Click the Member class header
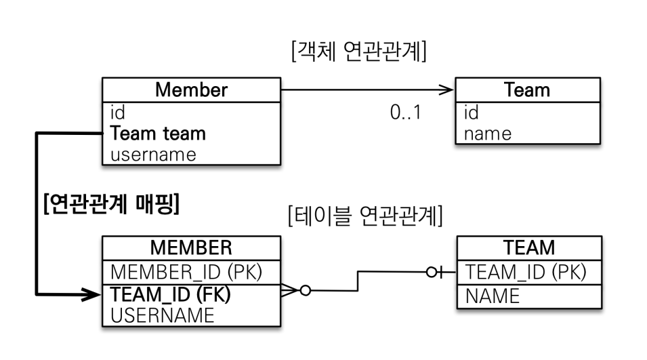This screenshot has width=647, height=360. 191,89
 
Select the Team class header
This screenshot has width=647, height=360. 528,89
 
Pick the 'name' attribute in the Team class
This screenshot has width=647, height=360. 487,133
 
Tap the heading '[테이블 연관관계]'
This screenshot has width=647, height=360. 365,216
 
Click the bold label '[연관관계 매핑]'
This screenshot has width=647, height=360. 111,203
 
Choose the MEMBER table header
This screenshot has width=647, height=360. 191,247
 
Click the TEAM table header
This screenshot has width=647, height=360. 529,247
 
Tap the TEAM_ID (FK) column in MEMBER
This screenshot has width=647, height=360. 169,295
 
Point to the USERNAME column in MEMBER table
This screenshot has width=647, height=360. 163,315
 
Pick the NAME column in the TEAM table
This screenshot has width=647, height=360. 493,296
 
